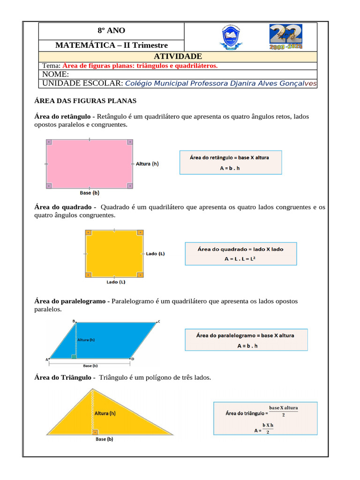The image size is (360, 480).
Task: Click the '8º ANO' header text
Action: tap(111, 30)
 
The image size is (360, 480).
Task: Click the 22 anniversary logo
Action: tap(285, 37)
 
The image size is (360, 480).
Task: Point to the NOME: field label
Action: tap(55, 75)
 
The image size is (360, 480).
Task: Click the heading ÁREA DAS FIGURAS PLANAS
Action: tap(85, 101)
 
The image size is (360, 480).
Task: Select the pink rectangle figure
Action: tap(90, 164)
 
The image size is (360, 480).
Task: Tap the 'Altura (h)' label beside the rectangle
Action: tap(147, 164)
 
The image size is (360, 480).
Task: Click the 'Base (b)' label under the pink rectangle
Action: tap(90, 193)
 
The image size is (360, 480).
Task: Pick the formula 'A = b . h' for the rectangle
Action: tap(230, 167)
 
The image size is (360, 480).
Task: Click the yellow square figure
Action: tap(113, 254)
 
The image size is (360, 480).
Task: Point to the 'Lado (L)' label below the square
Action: tap(116, 282)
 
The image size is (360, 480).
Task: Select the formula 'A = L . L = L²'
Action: tap(240, 258)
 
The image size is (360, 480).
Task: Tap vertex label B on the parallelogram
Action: tap(74, 321)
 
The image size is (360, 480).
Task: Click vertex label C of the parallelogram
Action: tap(158, 322)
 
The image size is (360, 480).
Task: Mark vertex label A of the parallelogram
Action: tap(47, 360)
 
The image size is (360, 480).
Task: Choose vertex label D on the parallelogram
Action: tap(133, 359)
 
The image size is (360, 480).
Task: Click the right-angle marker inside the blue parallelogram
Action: tap(74, 357)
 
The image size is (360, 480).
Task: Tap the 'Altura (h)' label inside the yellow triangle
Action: tap(105, 414)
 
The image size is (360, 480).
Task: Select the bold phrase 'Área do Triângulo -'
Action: tap(65, 377)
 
